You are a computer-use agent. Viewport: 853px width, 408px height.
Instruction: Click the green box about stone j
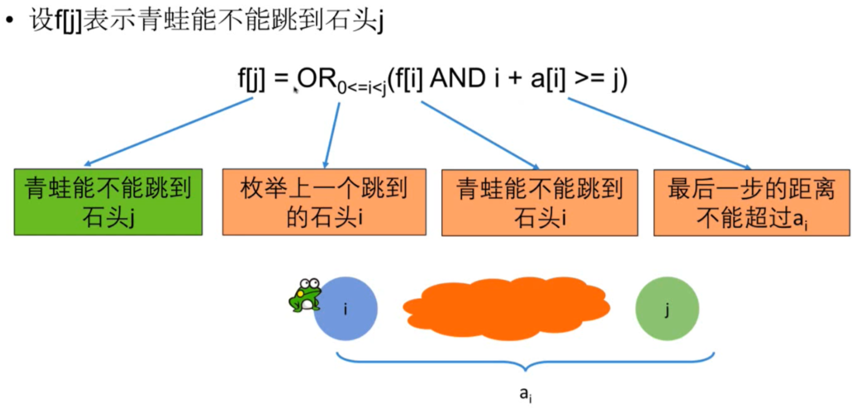(x=108, y=202)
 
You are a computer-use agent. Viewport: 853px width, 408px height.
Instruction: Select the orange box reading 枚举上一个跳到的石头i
(x=324, y=202)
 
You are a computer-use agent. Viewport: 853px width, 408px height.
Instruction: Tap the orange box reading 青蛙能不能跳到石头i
(x=539, y=202)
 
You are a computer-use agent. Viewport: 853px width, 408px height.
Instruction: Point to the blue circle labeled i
(x=346, y=309)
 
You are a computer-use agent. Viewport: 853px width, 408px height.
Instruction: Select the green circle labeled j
(x=667, y=309)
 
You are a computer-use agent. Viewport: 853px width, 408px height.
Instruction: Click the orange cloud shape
(x=506, y=308)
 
